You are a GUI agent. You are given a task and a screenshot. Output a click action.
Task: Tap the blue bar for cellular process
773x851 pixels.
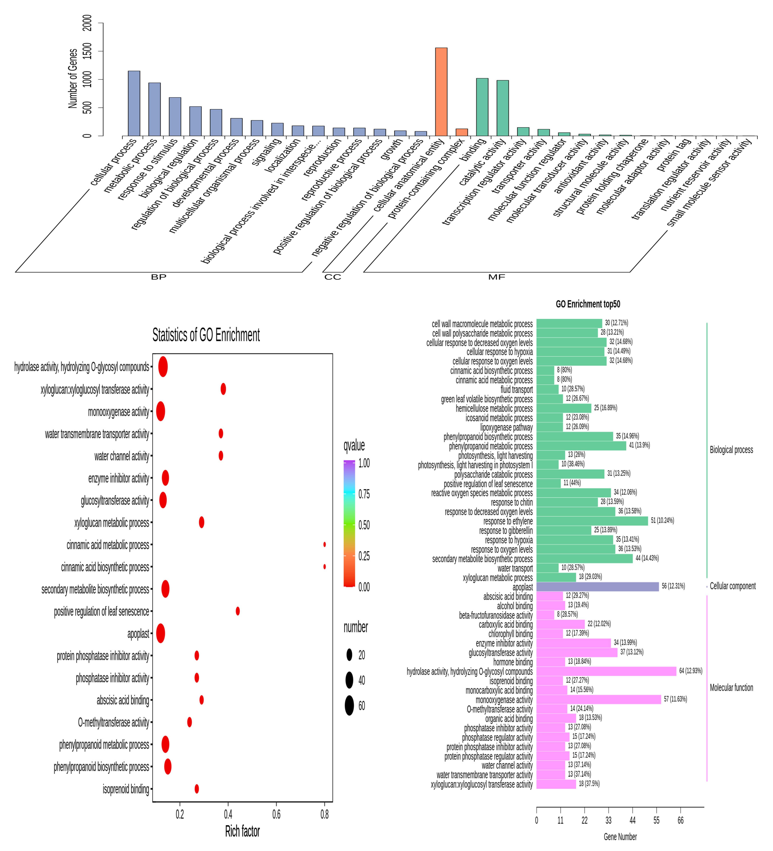point(134,103)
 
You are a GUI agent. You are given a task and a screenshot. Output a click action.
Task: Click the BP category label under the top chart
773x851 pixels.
point(159,277)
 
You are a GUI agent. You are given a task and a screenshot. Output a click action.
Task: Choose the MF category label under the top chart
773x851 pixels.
point(496,277)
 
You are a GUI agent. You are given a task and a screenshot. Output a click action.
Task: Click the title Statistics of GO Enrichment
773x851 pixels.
point(206,335)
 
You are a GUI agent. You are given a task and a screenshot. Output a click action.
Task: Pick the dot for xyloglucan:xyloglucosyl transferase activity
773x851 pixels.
point(223,389)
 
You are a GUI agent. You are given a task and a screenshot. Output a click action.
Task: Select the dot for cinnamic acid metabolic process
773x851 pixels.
point(324,545)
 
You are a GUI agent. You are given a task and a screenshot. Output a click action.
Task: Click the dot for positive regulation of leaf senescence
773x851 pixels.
point(238,611)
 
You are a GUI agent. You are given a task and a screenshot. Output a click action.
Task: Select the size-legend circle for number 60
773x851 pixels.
point(349,705)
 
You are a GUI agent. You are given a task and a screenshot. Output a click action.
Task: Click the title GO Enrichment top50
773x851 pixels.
point(588,304)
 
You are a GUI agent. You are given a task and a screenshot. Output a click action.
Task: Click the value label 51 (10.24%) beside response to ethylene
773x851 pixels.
point(662,521)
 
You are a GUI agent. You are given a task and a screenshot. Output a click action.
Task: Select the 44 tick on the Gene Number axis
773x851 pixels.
point(632,820)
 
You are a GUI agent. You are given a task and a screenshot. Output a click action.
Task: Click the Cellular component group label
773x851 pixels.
point(733,586)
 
